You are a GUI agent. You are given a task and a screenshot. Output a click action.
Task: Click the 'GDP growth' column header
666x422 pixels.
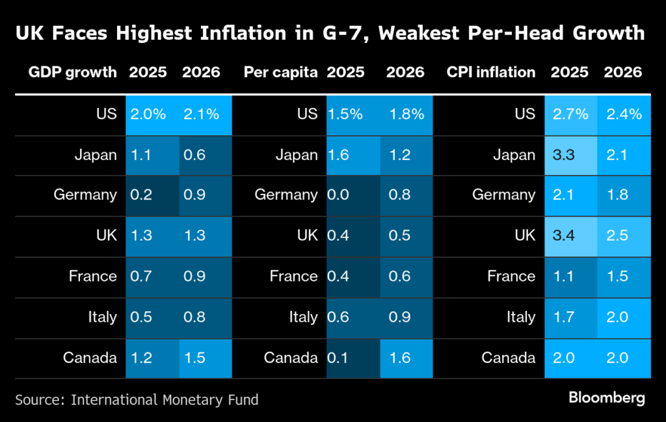pyautogui.click(x=72, y=72)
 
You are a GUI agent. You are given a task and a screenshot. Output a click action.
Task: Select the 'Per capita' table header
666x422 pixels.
pyautogui.click(x=280, y=72)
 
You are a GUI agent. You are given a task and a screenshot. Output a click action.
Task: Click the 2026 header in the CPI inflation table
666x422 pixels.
pyautogui.click(x=623, y=72)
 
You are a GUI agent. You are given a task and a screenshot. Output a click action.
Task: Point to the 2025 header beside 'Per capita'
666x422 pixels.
pyautogui.click(x=346, y=72)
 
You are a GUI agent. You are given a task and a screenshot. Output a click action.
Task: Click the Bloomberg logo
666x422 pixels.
pyautogui.click(x=606, y=397)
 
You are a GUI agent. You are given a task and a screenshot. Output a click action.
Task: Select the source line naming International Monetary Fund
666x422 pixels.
pyautogui.click(x=137, y=399)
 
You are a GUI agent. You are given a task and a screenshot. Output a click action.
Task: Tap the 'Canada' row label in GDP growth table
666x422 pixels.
pyautogui.click(x=90, y=358)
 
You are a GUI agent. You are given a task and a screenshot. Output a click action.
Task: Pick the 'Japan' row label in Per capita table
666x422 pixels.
pyautogui.click(x=297, y=155)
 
